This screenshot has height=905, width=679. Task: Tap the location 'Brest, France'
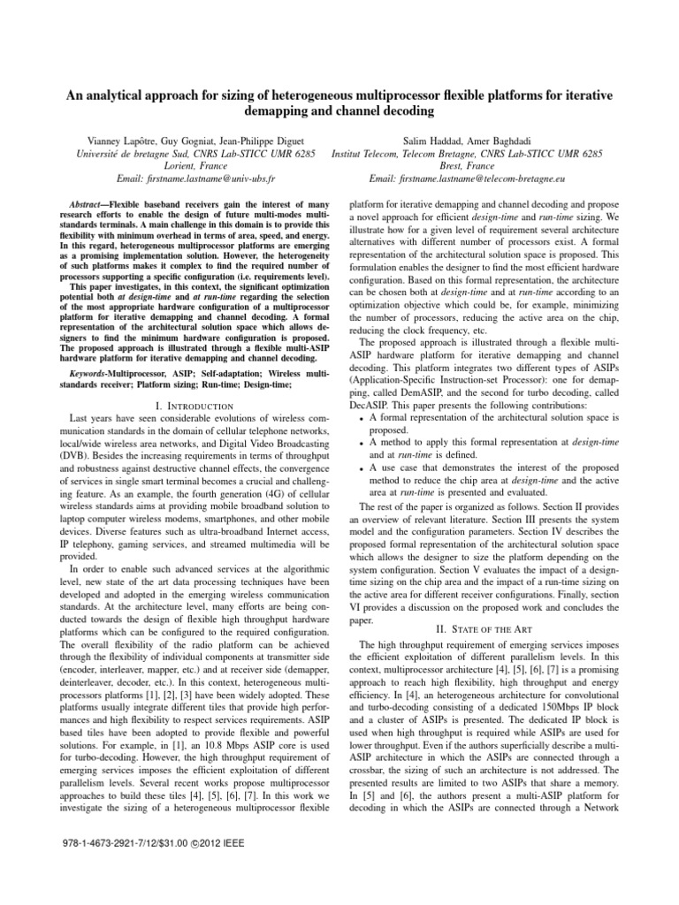tap(467, 165)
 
